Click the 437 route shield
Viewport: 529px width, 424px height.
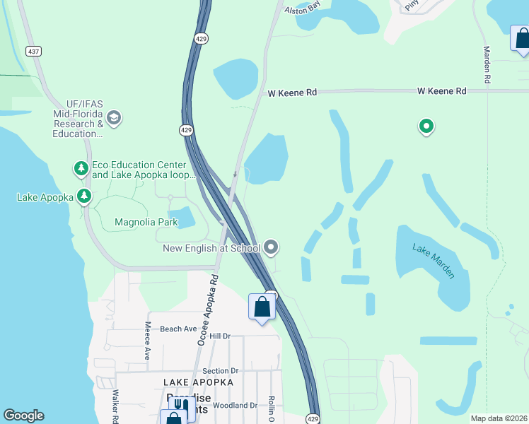pos(33,51)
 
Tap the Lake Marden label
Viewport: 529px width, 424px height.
pos(434,261)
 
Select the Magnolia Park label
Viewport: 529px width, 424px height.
pos(146,223)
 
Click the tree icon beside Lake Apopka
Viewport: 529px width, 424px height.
pos(84,196)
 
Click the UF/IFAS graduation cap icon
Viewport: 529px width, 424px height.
pos(114,118)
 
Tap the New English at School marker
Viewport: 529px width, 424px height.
pos(272,247)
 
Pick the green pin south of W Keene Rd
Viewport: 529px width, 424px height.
pos(426,126)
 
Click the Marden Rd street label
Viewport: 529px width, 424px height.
pos(487,66)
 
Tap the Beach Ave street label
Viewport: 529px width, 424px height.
pos(178,329)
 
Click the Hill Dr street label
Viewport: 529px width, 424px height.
pos(220,336)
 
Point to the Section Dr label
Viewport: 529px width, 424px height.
pos(221,371)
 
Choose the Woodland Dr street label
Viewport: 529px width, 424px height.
pos(235,406)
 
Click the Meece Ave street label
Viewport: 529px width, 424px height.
pos(148,341)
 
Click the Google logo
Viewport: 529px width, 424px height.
pos(23,416)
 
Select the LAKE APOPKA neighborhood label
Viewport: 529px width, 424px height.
pos(199,382)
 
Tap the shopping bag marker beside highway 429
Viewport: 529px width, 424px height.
pos(262,307)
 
